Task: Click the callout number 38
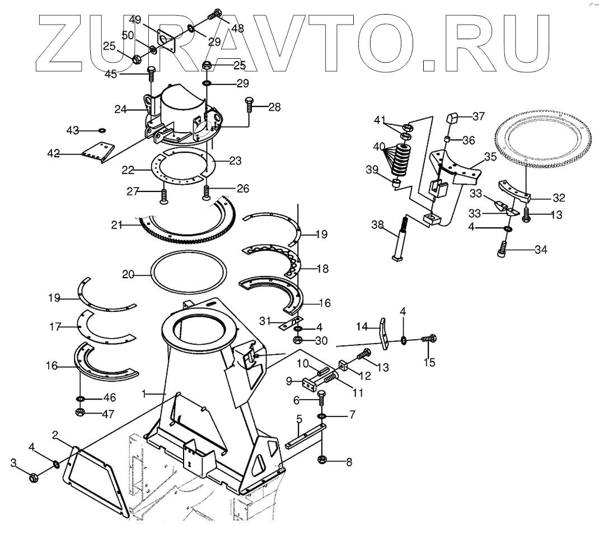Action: point(377,225)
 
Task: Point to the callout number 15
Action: point(429,362)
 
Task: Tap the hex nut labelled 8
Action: point(322,460)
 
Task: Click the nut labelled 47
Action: point(81,413)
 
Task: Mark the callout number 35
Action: point(490,157)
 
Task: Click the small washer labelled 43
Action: point(102,130)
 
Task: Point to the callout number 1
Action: point(144,394)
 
